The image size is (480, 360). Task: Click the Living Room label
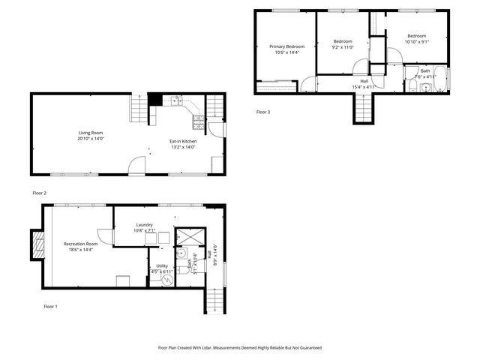pos(91,133)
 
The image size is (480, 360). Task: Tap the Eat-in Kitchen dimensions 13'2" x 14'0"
pos(182,147)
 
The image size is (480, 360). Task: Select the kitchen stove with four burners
pos(198,118)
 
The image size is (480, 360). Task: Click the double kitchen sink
pos(176,99)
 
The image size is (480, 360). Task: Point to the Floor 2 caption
pos(39,193)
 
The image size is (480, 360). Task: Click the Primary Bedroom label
pos(287,46)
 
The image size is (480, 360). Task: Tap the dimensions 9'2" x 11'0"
pos(343,47)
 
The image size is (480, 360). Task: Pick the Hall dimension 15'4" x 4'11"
pos(364,87)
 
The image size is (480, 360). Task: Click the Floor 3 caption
pos(262,112)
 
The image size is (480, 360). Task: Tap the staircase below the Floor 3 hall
pos(363,109)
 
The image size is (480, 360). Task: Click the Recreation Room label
pos(81,244)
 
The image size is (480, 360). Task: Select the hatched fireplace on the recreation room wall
pos(36,244)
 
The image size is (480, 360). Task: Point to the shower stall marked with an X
pos(186,236)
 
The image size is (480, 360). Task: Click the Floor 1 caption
pos(50,306)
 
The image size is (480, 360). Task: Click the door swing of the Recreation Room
pos(106,235)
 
